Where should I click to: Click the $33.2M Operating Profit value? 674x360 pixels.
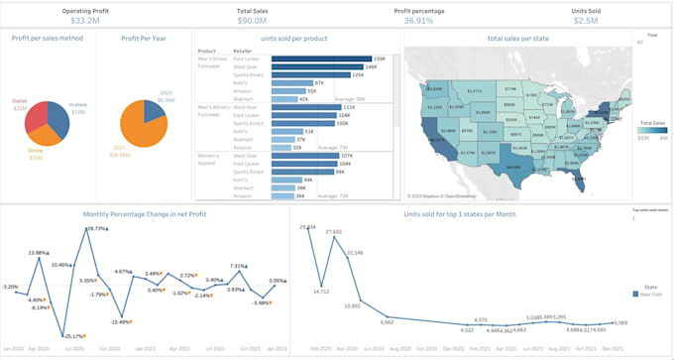click(x=84, y=20)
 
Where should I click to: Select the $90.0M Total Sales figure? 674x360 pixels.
click(x=252, y=20)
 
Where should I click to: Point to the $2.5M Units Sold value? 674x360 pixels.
click(x=585, y=20)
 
